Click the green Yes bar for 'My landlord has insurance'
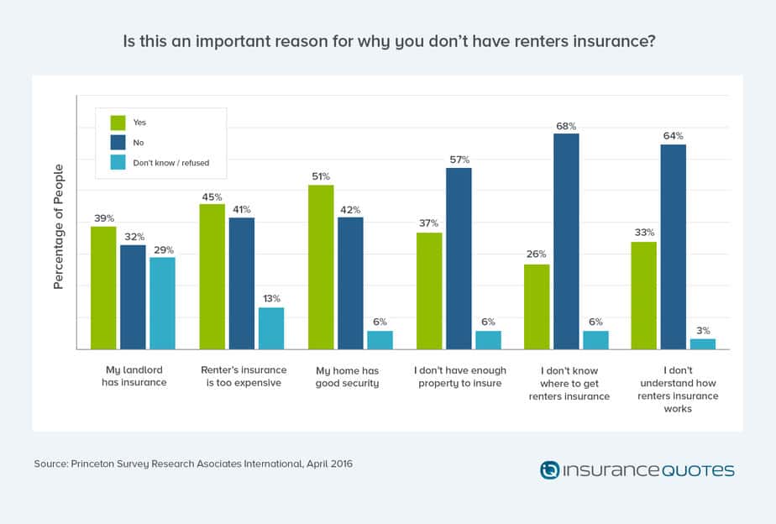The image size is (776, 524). click(103, 288)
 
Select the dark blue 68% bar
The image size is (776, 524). click(566, 241)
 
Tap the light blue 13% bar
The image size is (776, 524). click(270, 328)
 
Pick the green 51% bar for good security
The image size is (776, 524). click(321, 267)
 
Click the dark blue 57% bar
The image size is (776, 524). click(459, 259)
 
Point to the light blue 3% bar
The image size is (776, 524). click(702, 344)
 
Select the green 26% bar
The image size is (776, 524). click(537, 307)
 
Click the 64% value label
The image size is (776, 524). click(673, 135)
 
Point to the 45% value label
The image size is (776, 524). click(212, 196)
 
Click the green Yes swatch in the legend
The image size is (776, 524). click(117, 122)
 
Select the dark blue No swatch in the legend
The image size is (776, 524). click(117, 142)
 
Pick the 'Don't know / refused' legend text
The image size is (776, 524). click(171, 163)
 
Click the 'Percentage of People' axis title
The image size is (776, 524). click(59, 228)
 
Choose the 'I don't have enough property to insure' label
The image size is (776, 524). click(459, 376)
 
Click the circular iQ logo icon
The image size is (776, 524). click(549, 469)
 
